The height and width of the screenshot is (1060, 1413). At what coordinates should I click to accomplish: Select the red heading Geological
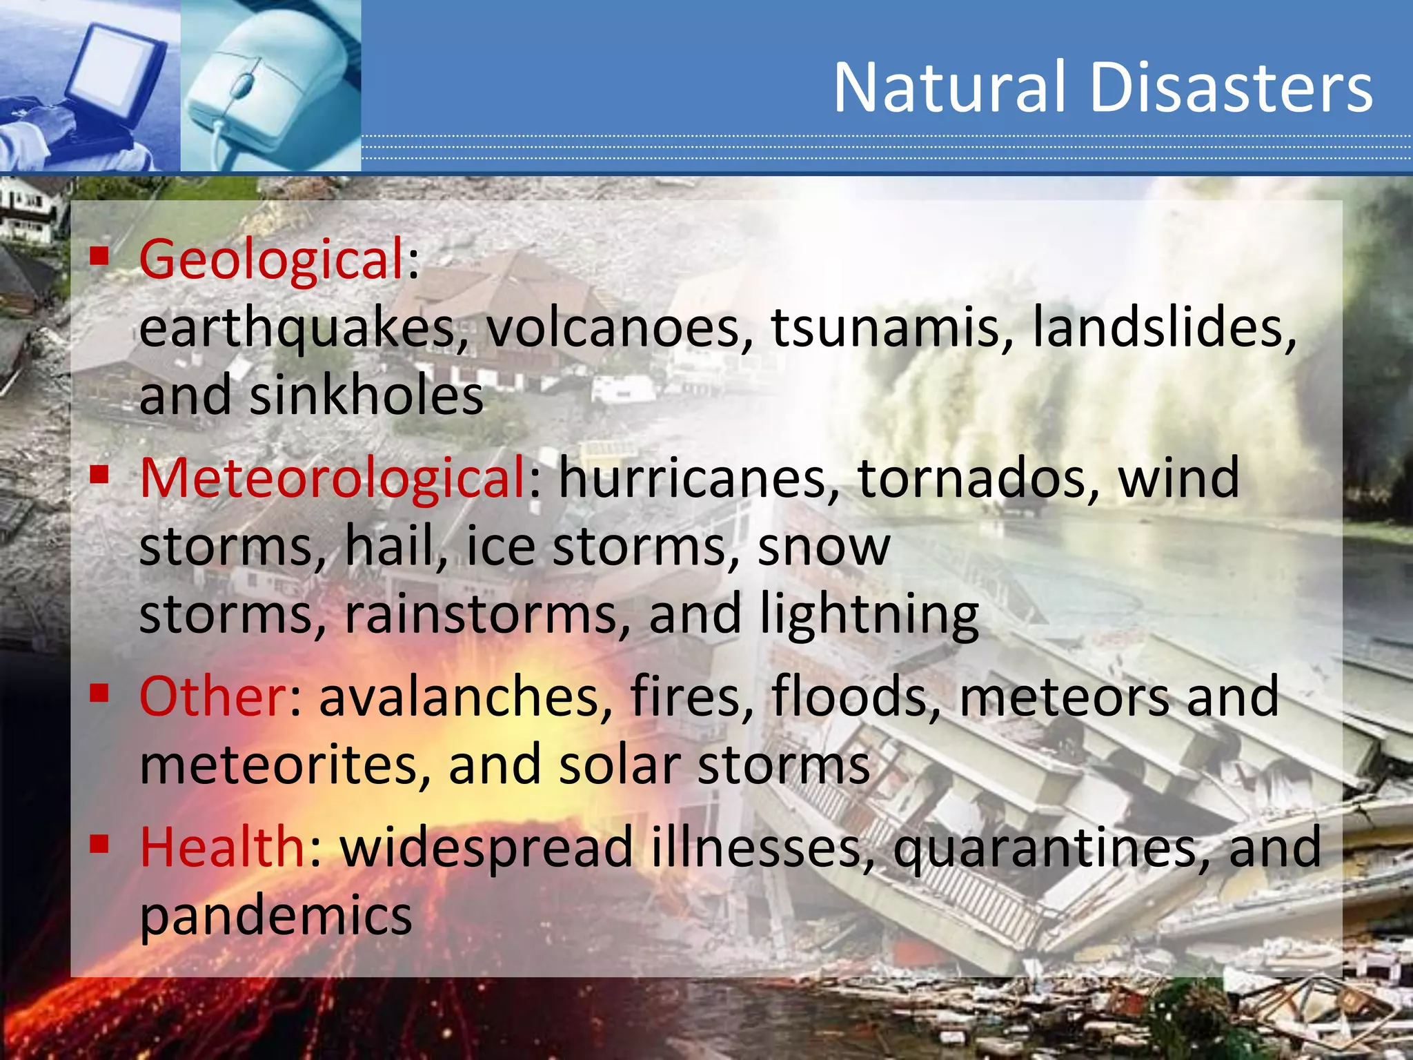click(x=271, y=260)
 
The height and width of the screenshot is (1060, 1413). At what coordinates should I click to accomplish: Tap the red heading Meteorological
click(x=333, y=478)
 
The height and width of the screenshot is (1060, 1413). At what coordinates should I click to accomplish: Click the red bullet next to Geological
click(x=100, y=257)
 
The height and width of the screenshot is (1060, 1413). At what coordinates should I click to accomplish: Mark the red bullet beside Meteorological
click(x=100, y=474)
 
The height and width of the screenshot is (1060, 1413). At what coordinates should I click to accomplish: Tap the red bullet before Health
click(x=100, y=843)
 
